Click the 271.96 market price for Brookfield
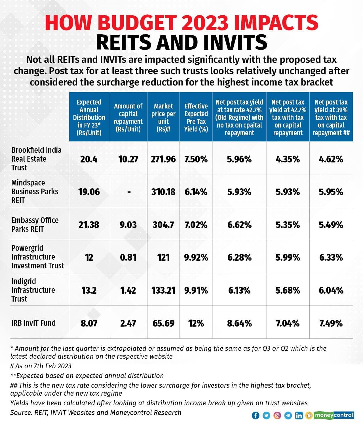pos(163,159)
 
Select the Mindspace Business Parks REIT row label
pos(35,191)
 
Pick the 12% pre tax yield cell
pos(196,323)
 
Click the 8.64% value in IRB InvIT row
pos(239,323)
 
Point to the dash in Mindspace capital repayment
pos(128,192)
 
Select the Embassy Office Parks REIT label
pos(35,224)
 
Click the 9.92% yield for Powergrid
pos(196,258)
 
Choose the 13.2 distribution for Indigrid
pos(89,290)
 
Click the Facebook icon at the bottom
pos(255,415)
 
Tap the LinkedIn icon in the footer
pos(299,415)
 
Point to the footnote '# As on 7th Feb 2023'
pos(41,366)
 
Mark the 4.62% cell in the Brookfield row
pos(331,159)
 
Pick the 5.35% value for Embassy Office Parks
pos(288,225)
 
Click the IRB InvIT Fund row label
pos(33,323)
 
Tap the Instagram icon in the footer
pos(277,415)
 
